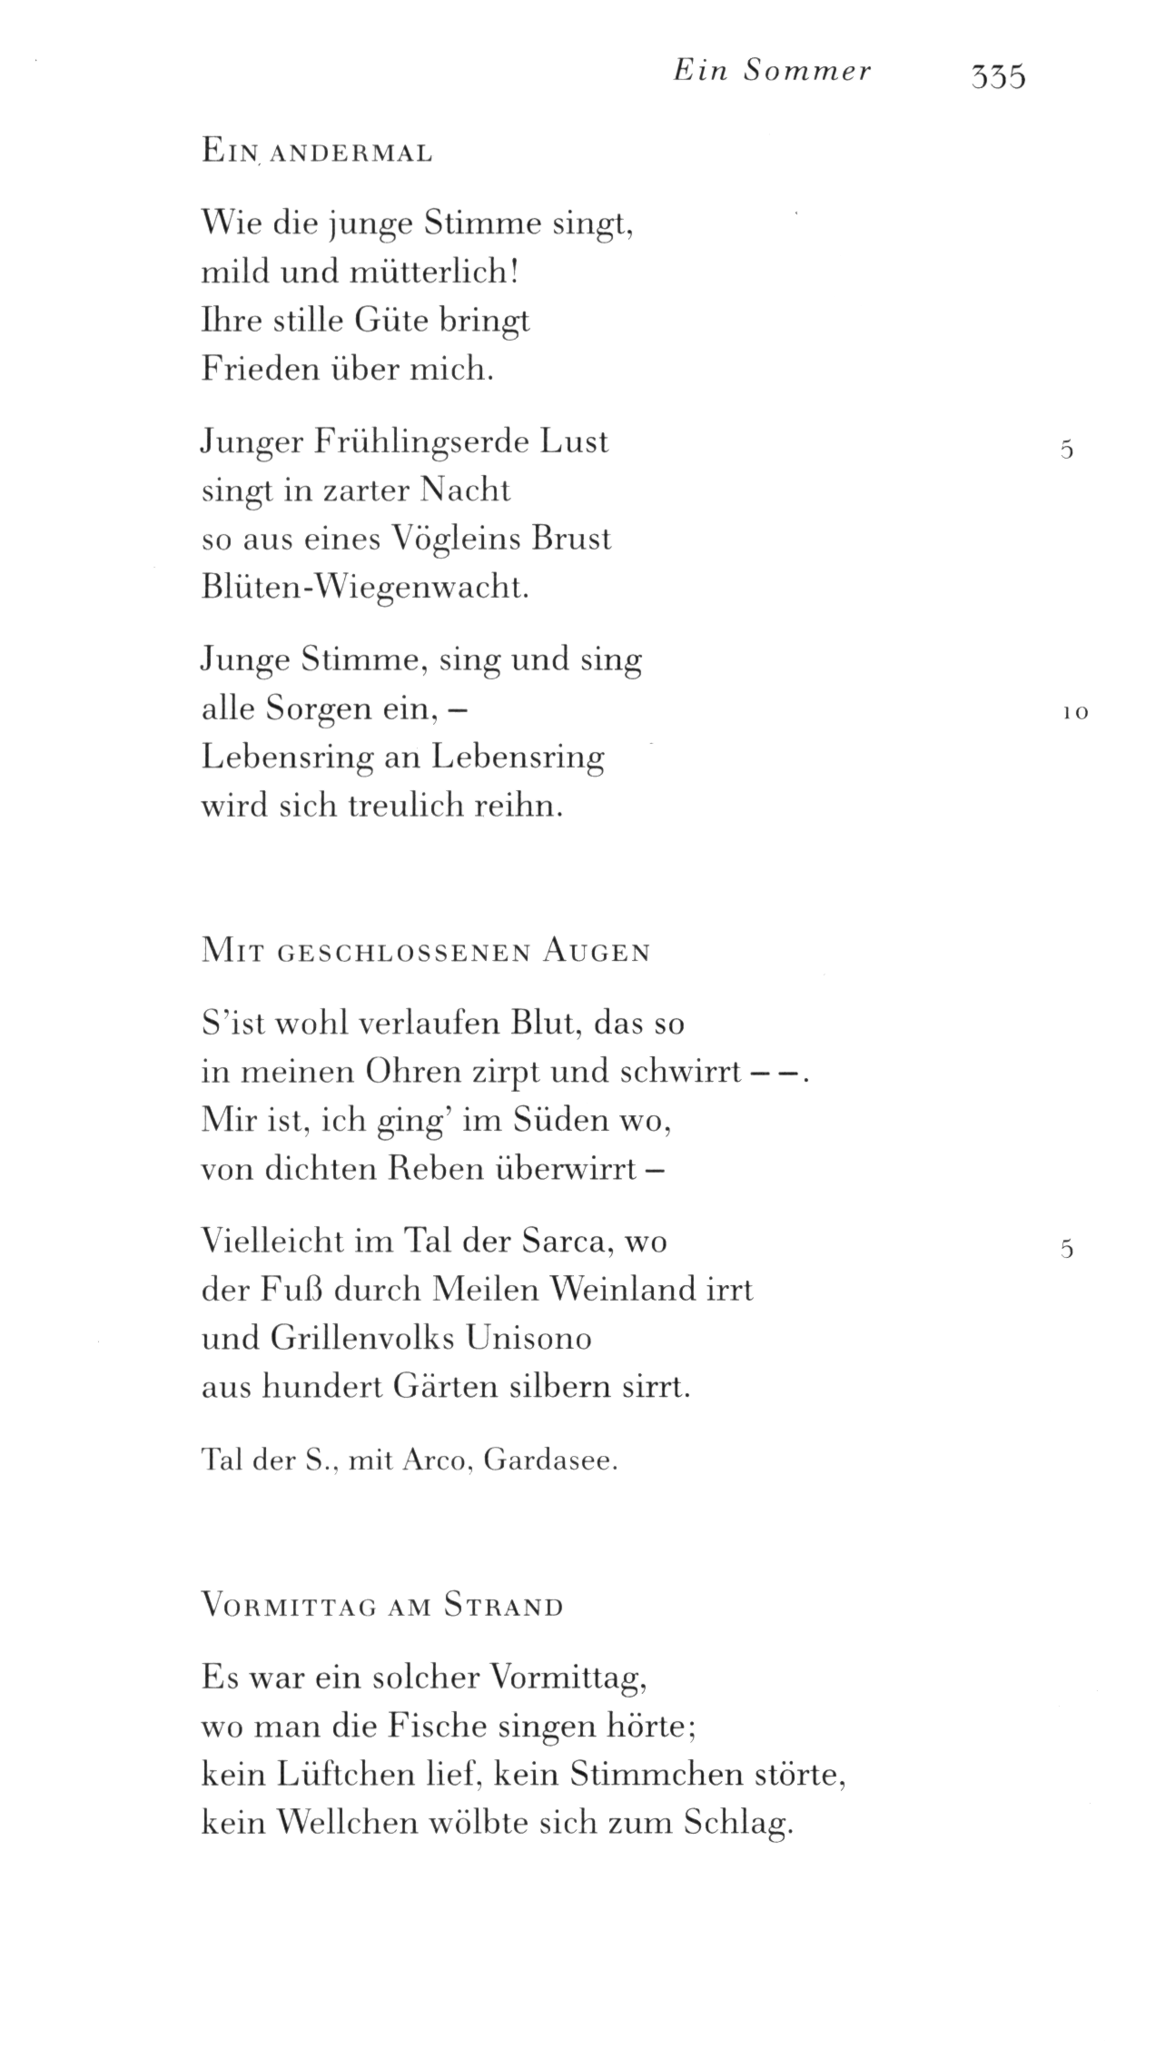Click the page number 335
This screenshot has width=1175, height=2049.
pos(998,75)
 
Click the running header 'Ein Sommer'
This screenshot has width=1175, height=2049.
pos(772,72)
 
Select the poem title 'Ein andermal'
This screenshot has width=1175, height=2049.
pos(317,153)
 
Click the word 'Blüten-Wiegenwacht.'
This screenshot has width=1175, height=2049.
pos(364,589)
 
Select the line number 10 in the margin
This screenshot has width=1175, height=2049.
pos(1074,713)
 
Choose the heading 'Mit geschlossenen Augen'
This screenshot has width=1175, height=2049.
pos(426,952)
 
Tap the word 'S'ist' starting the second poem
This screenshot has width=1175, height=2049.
pos(231,1024)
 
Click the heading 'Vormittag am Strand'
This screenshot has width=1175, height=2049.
pos(382,1607)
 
